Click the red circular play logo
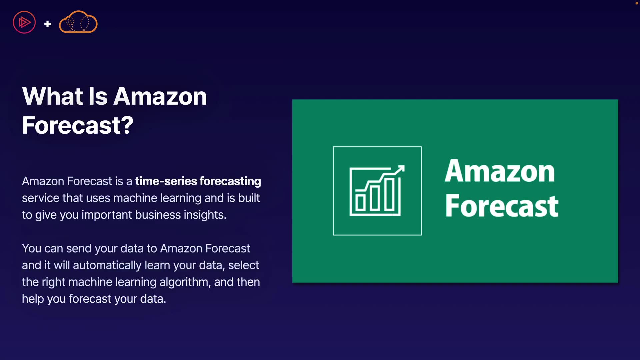pos(24,22)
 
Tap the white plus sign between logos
pos(47,24)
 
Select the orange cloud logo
pos(78,22)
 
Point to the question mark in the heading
pos(127,125)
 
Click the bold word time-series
pos(166,181)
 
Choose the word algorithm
pos(185,282)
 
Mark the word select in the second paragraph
pos(244,265)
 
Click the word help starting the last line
pos(33,299)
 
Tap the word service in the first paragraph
pos(41,198)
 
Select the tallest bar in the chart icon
pos(389,194)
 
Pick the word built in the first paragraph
pos(249,198)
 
